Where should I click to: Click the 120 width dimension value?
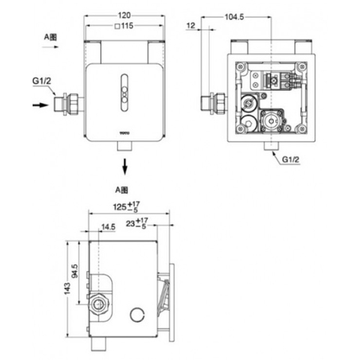(x=124, y=14)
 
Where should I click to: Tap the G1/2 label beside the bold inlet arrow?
(x=43, y=82)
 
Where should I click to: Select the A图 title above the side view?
(x=123, y=190)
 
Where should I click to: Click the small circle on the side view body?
(x=136, y=314)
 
